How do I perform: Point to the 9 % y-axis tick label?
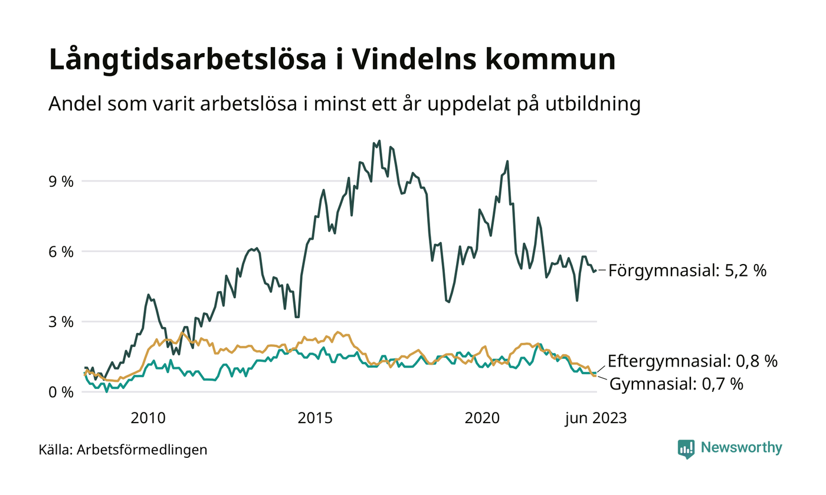61,181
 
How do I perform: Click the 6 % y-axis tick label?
61,252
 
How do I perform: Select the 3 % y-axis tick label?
61,322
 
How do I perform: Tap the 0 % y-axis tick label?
61,392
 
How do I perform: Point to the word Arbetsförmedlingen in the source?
142,450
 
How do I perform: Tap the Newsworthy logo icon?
686,448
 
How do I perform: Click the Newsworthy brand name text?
741,448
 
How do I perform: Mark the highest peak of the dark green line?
379,141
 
